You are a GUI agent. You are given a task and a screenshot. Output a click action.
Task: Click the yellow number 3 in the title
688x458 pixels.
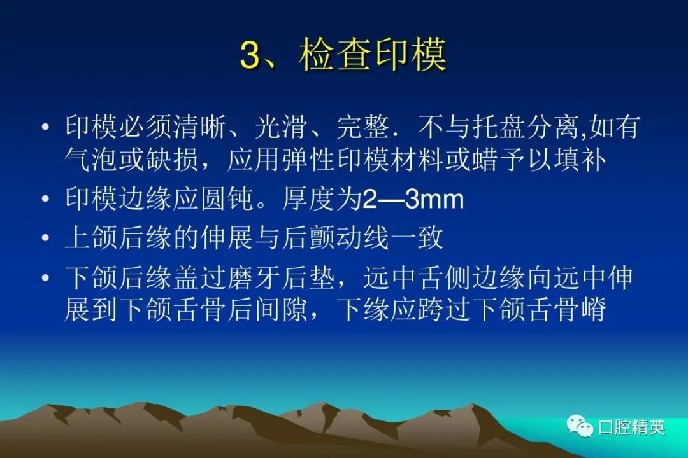pos(251,55)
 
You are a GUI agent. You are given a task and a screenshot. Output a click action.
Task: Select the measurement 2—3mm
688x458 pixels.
pos(413,199)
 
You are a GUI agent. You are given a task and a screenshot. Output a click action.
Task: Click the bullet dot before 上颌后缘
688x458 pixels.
pos(45,238)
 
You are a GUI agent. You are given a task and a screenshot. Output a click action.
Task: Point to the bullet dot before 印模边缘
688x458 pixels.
pos(45,199)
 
